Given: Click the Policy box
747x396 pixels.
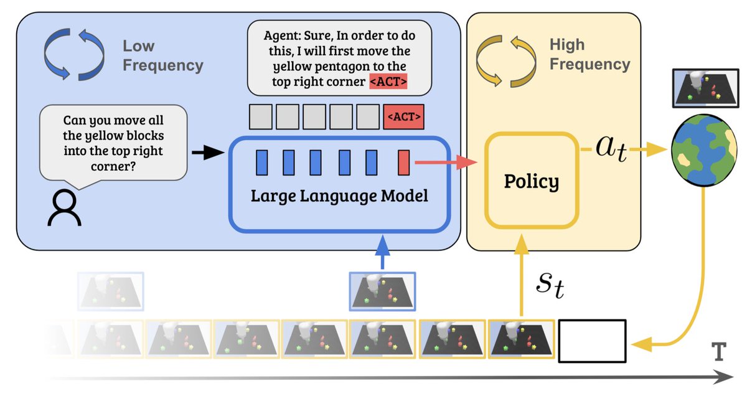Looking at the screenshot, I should coord(531,181).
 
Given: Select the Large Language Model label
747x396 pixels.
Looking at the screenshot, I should coord(339,197).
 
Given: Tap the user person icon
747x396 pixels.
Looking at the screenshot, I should coord(64,208).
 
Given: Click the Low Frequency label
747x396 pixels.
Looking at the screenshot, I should coord(162,55).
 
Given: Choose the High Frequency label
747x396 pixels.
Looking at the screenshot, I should coord(590,54).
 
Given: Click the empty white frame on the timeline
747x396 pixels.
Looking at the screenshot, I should coord(592,341).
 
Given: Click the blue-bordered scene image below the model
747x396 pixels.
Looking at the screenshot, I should coord(382,291).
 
